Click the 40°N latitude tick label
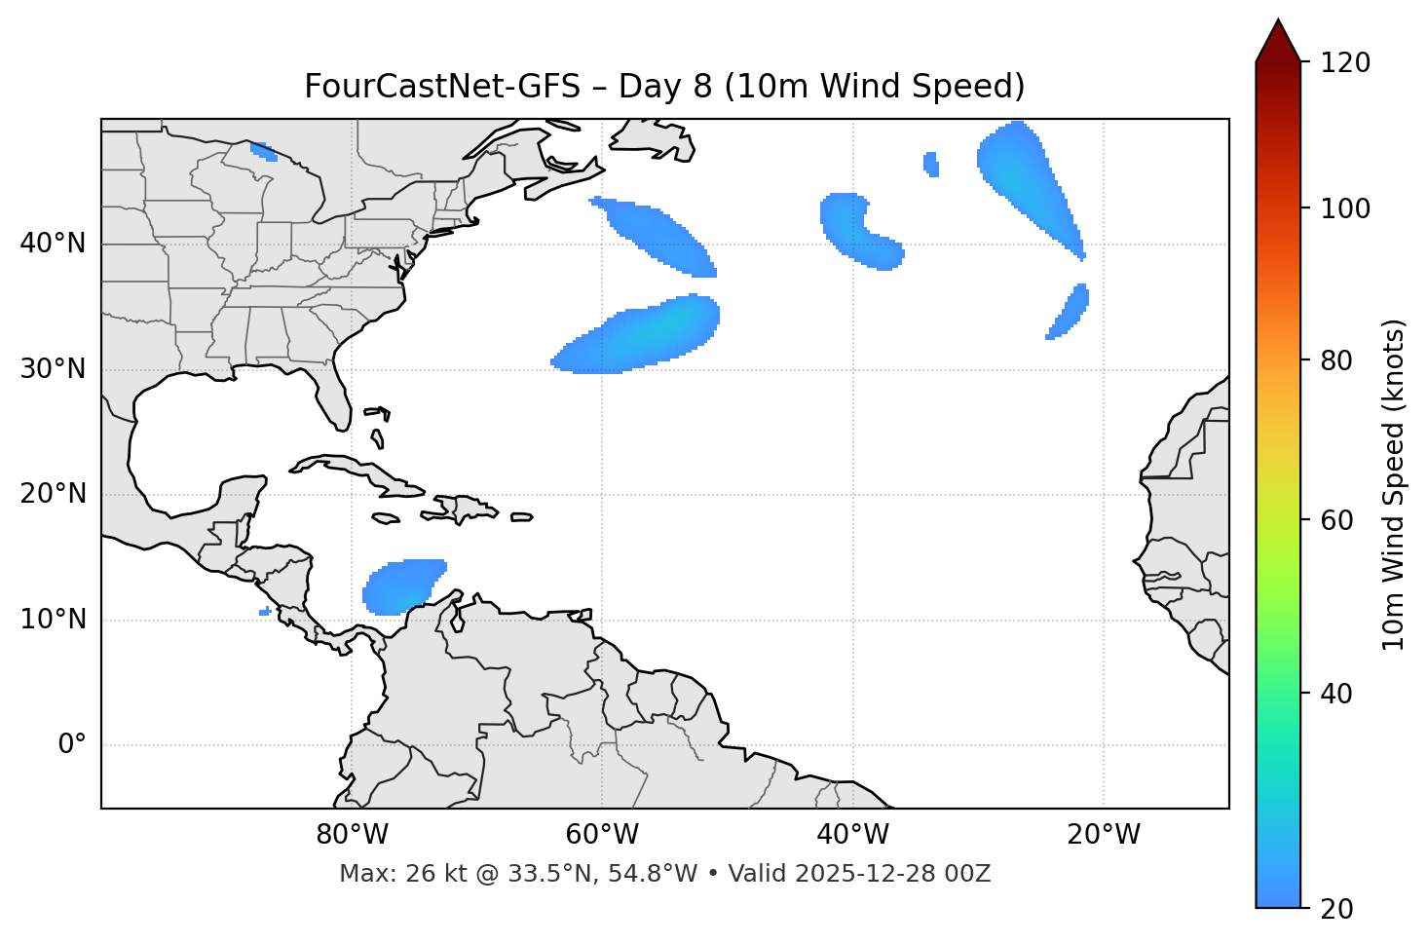coord(53,244)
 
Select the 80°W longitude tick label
coord(352,835)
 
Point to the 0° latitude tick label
coord(71,745)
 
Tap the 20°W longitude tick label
coord(1104,835)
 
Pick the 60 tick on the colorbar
coord(1342,520)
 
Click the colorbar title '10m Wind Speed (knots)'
coord(1393,484)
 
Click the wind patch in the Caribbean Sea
coord(401,586)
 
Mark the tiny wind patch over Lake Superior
coord(263,151)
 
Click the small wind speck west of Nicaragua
coord(265,611)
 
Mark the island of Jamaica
coord(386,518)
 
